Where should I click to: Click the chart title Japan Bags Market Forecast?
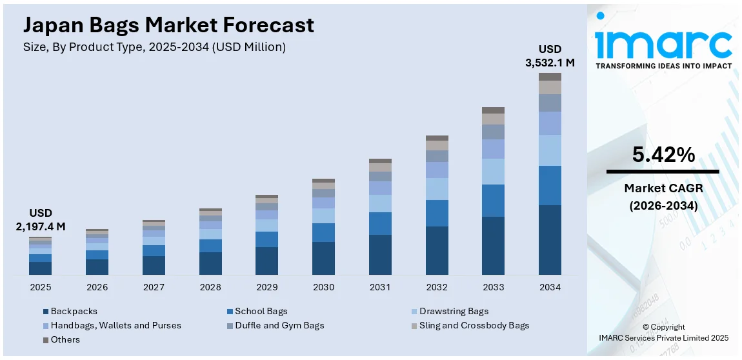(x=168, y=25)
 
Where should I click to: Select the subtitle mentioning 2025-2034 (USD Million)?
(x=154, y=47)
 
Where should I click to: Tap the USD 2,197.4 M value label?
(x=40, y=219)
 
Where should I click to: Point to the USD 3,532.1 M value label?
(x=550, y=56)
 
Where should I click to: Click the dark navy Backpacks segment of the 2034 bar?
(x=550, y=239)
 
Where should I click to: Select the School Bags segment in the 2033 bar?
(x=493, y=201)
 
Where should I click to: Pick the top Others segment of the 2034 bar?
(x=550, y=77)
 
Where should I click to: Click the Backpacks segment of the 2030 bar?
(x=323, y=258)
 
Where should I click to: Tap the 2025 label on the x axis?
(x=40, y=286)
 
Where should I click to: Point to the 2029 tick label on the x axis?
(x=266, y=286)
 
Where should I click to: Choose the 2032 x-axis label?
(x=436, y=286)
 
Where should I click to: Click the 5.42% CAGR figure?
(x=663, y=155)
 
